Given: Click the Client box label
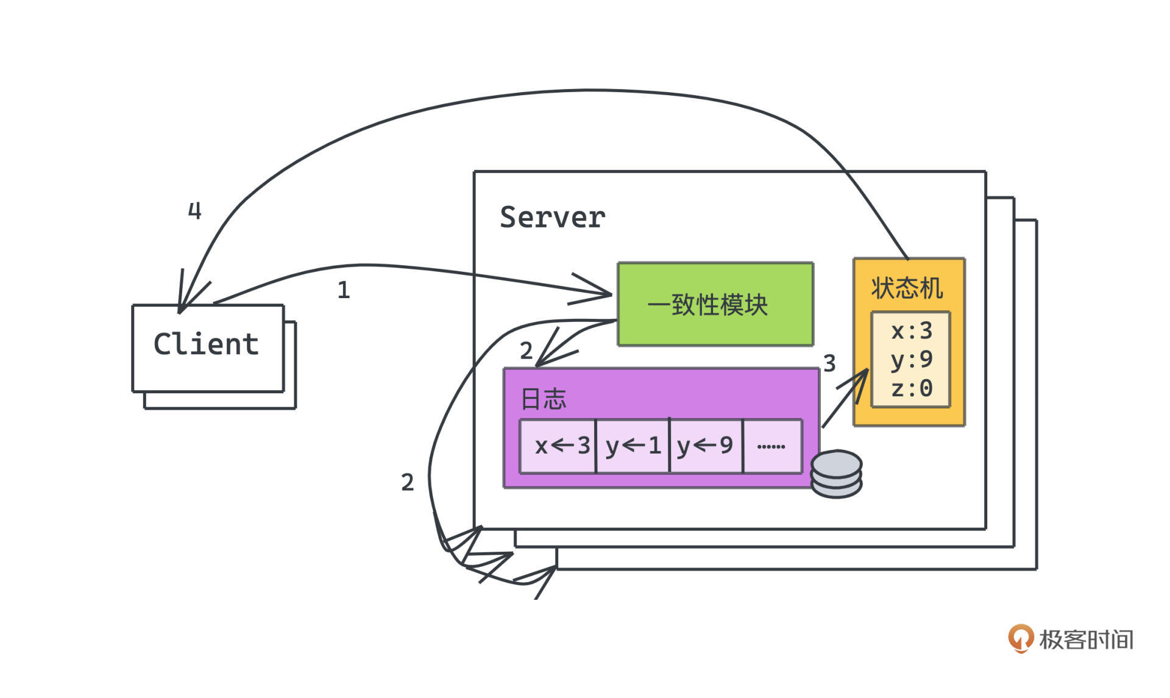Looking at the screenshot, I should pyautogui.click(x=207, y=344).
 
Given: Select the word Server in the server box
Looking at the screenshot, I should pyautogui.click(x=552, y=218).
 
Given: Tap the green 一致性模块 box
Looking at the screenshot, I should pyautogui.click(x=715, y=304).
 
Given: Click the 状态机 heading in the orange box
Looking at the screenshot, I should pyautogui.click(x=907, y=288).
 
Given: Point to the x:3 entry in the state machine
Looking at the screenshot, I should pyautogui.click(x=911, y=331).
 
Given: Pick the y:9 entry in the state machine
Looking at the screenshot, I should pyautogui.click(x=911, y=359).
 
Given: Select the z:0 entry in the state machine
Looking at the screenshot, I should pyautogui.click(x=911, y=388).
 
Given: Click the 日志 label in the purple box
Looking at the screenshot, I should pyautogui.click(x=544, y=399).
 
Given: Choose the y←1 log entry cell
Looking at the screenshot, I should pyautogui.click(x=633, y=446).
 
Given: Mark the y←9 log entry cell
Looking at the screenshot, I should pyautogui.click(x=706, y=446).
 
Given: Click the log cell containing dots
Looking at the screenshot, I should pyautogui.click(x=771, y=446).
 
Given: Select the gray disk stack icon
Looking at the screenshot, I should pyautogui.click(x=837, y=474).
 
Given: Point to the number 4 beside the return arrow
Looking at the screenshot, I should pyautogui.click(x=194, y=211).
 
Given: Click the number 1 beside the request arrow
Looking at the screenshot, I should pyautogui.click(x=344, y=290).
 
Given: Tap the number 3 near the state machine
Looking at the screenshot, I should pyautogui.click(x=829, y=364).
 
